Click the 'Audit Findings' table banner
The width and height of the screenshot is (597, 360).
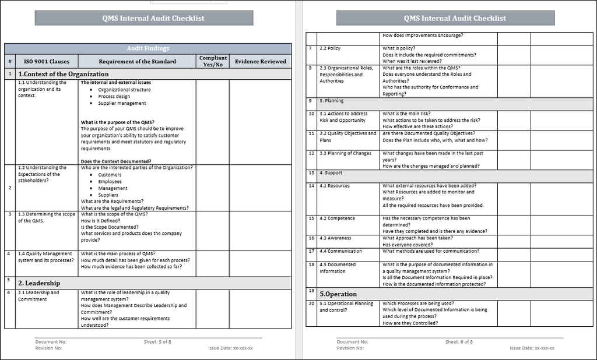point(148,48)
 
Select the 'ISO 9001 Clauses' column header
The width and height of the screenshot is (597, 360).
point(47,62)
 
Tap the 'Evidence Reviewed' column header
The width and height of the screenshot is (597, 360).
point(260,62)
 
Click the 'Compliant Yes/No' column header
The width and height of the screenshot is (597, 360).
point(213,61)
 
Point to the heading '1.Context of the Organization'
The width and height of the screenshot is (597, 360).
point(64,74)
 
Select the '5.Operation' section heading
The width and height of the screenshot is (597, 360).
point(338,294)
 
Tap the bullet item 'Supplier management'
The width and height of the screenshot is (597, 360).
point(122,103)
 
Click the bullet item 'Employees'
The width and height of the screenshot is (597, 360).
point(110,182)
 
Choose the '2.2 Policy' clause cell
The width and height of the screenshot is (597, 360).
point(330,48)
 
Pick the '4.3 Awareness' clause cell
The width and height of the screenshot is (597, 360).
point(335,238)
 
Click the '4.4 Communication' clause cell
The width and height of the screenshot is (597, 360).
point(340,252)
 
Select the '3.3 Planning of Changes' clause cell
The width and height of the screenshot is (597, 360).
point(345,154)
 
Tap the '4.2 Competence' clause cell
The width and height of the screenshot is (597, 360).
point(337,218)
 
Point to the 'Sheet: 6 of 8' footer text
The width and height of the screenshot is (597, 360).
point(459,342)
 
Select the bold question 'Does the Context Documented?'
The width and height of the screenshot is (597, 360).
point(116,161)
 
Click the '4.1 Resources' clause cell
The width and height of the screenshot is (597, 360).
point(335,186)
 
